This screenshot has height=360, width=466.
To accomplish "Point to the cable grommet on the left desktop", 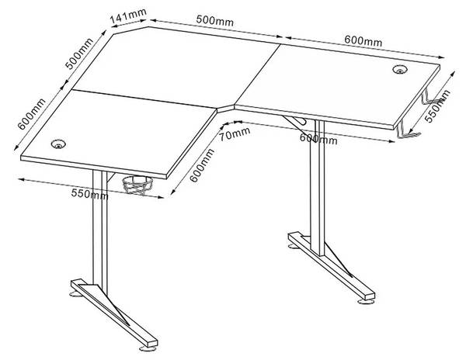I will coord(58,144).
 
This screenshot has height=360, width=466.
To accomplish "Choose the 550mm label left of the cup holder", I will coord(88,192).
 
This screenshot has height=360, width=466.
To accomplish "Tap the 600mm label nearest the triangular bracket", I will coord(318,138).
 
